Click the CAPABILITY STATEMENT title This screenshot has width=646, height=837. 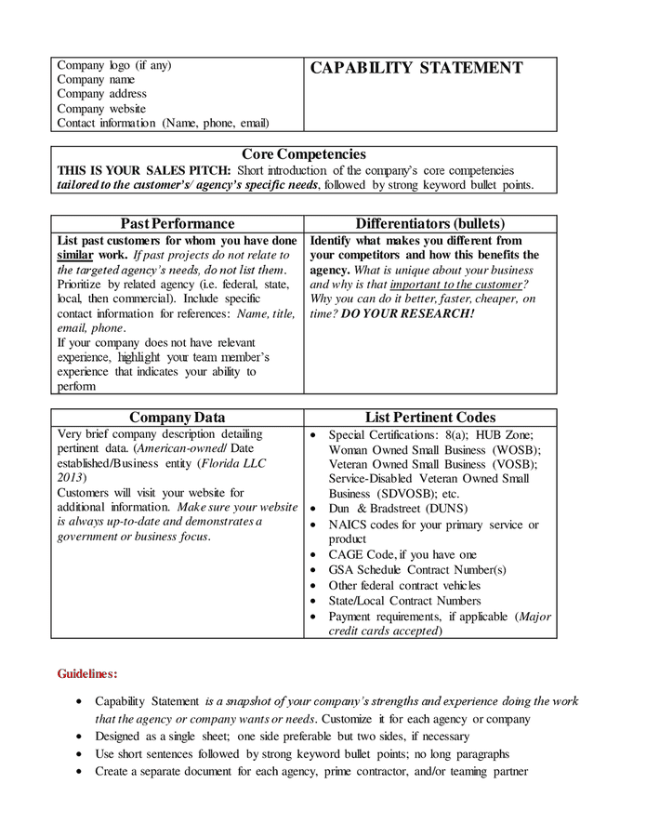[415, 68]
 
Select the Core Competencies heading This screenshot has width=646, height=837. [304, 154]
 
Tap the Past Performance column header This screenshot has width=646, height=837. [178, 224]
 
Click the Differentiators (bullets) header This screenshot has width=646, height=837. [430, 224]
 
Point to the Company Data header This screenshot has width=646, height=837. [178, 418]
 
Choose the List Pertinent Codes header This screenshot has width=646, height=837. [430, 418]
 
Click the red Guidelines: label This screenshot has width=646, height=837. [87, 672]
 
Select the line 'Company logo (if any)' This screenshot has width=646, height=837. [114, 65]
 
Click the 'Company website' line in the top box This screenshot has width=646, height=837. [101, 109]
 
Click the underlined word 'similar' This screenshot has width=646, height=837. [75, 255]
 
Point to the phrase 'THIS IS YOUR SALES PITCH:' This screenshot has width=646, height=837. [144, 170]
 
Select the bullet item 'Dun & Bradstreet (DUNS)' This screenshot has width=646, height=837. [399, 509]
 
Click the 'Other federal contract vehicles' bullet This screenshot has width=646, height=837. [404, 585]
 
